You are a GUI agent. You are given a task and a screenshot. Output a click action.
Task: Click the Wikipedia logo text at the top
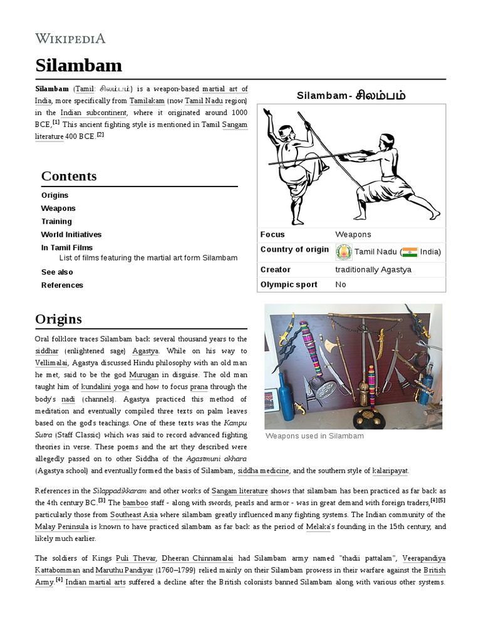coord(70,39)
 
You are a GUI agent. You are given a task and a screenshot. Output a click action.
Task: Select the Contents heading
coord(69,176)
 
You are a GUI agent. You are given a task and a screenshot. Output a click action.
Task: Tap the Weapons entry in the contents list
coord(58,208)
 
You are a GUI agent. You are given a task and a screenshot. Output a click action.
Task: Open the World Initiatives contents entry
coord(71,235)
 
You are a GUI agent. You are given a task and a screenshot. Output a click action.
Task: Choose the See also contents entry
coord(57,272)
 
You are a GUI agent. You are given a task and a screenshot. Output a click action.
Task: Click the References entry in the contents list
coord(62,285)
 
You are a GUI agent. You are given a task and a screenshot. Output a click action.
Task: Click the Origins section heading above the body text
coord(58,319)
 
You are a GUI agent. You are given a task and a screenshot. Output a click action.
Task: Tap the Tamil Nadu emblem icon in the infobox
coord(343,252)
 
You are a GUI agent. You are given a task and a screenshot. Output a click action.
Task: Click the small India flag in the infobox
coord(410,252)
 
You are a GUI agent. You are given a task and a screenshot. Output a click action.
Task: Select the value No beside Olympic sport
coord(341,285)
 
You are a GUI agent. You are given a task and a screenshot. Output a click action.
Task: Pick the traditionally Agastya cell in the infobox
coord(375,270)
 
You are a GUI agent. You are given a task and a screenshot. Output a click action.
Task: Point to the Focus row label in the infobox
coord(272,235)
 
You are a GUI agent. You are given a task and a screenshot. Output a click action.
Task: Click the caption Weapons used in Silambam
coord(314,436)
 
